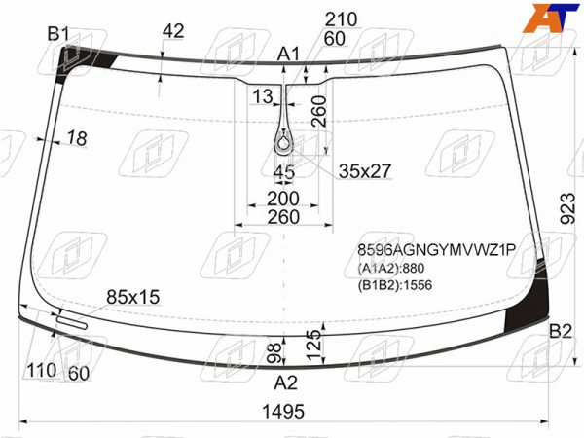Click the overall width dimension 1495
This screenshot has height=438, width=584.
click(283, 412)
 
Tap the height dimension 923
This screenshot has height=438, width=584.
click(568, 208)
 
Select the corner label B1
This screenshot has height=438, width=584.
click(58, 34)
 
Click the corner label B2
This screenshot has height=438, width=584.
click(561, 331)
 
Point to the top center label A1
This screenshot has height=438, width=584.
click(288, 55)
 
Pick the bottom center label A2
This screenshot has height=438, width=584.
click(285, 383)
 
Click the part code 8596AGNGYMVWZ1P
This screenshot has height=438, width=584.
click(436, 250)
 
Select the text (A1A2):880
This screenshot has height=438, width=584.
click(391, 269)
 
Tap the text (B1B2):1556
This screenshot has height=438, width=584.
click(395, 285)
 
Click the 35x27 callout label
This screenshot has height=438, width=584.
click(365, 171)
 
